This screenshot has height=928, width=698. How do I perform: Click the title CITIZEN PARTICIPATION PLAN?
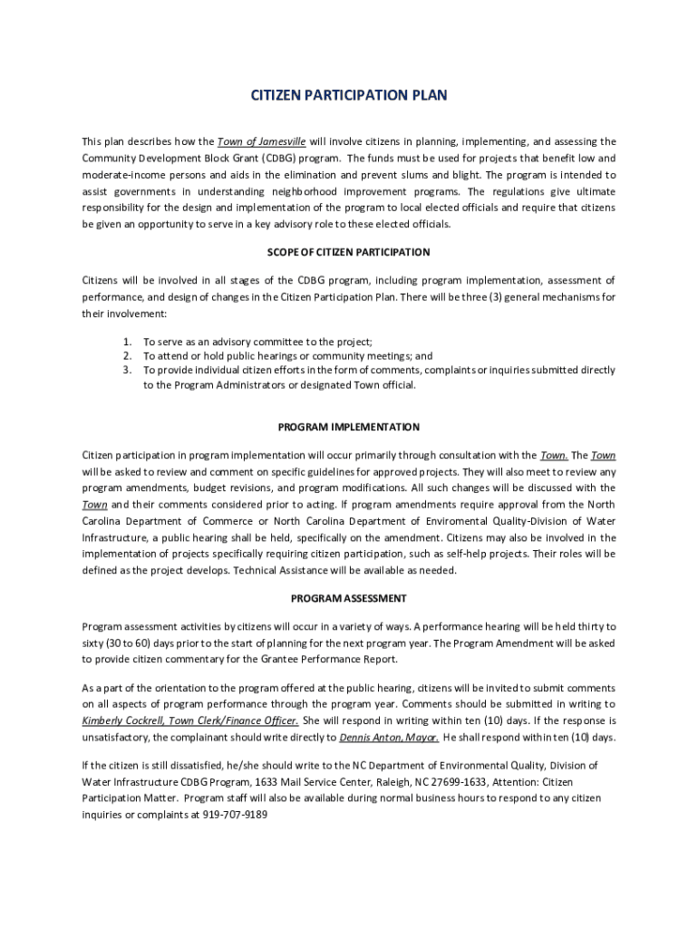[349, 95]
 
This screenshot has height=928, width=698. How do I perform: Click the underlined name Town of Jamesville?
[261, 141]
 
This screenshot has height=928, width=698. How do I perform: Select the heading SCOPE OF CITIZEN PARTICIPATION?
[349, 252]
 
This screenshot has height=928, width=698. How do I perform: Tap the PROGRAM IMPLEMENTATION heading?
[349, 427]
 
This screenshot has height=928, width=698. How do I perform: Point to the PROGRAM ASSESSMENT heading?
[349, 598]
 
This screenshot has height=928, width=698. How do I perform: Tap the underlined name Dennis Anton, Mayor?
[389, 738]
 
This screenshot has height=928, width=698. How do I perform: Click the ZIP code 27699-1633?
[457, 782]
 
